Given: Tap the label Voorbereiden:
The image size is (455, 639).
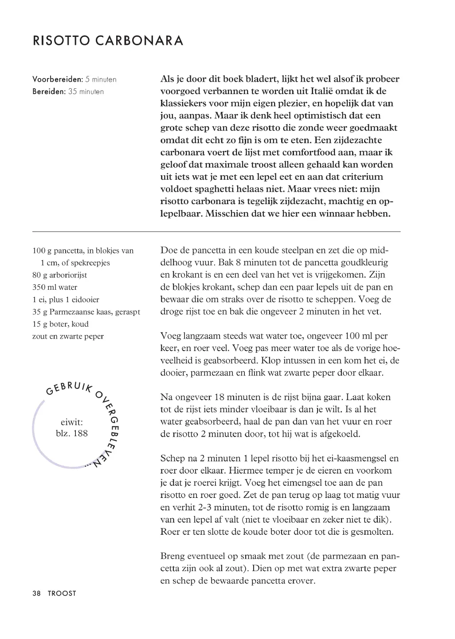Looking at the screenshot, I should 58,79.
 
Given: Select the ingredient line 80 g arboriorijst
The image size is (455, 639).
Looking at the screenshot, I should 59,275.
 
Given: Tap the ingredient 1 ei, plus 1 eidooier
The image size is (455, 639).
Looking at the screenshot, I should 66,300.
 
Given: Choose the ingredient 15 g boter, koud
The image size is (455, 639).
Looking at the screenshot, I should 60,324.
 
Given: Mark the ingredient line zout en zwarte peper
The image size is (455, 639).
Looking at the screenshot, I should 68,336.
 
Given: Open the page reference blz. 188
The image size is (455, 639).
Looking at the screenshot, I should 72,434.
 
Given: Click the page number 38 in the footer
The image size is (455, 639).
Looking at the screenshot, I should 37,593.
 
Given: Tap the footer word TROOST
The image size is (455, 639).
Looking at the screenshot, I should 62,593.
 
